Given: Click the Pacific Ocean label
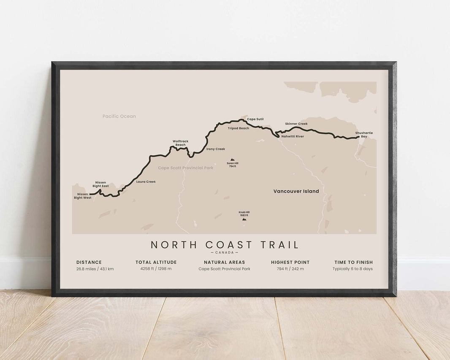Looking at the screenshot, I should click(x=119, y=116).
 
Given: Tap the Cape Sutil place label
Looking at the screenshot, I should click(x=255, y=119).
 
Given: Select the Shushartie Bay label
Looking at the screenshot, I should click(x=364, y=135).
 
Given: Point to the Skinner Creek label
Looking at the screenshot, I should click(x=296, y=124).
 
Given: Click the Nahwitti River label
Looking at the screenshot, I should click(x=293, y=136).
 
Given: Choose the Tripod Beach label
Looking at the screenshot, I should click(x=239, y=128).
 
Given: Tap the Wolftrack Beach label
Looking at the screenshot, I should click(x=180, y=143).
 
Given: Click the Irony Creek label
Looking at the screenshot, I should click(x=216, y=149).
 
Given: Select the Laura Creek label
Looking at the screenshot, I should click(x=146, y=182).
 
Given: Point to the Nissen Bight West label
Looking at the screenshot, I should click(x=82, y=196).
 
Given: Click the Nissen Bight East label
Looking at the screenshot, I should click(x=100, y=184).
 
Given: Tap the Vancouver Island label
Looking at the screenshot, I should click(x=296, y=191).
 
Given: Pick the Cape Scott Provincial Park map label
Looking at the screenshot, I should click(x=185, y=168).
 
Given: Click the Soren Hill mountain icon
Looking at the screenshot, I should click(x=231, y=159).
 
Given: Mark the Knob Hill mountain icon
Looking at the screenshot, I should click(x=244, y=219).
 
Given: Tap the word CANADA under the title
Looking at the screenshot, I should click(x=224, y=253).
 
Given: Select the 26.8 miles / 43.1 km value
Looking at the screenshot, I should click(x=95, y=269).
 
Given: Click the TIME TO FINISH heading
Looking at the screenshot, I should click(x=353, y=262).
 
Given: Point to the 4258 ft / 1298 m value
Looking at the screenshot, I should click(x=156, y=269).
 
